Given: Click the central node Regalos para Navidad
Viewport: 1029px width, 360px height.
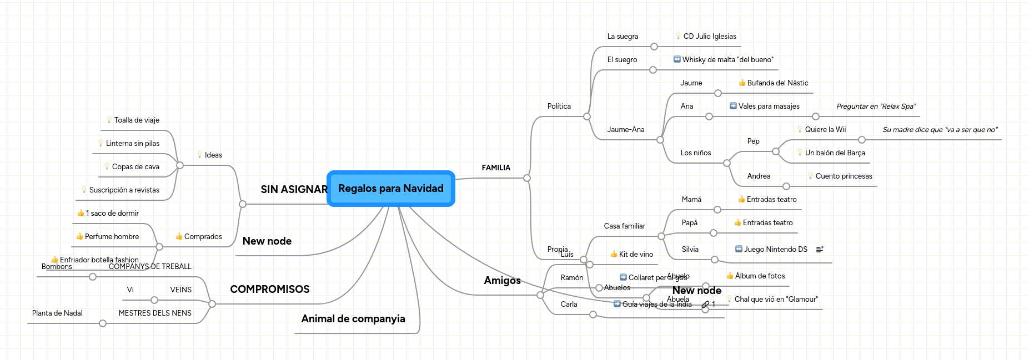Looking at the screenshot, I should click(x=391, y=189).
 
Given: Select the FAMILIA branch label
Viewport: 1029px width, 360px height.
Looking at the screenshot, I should click(x=496, y=168).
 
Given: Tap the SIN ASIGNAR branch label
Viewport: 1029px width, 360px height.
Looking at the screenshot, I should click(x=294, y=190).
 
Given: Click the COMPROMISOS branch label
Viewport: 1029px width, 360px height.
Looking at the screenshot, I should click(x=270, y=290).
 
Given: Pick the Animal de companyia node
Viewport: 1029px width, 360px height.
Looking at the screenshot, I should click(x=353, y=319).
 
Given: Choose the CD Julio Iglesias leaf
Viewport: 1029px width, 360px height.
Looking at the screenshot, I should click(x=710, y=37).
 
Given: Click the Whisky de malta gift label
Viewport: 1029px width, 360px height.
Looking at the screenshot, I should click(x=727, y=60).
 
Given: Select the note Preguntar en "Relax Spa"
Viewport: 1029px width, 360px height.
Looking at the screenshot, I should click(x=876, y=107).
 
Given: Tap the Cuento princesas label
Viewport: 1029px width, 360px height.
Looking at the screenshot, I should click(x=844, y=176).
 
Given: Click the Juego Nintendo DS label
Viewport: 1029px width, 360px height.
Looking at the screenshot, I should click(x=775, y=250).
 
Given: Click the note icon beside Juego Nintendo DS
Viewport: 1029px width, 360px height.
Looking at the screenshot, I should click(x=820, y=250).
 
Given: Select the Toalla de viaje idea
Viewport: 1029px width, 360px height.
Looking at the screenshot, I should click(x=137, y=120).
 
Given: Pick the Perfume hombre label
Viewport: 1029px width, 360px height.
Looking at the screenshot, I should click(x=112, y=237).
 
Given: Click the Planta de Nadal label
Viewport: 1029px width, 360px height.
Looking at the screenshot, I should click(x=57, y=313).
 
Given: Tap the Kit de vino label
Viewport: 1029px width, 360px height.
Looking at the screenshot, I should click(x=636, y=255).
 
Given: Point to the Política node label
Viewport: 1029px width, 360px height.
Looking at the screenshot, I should click(x=559, y=107).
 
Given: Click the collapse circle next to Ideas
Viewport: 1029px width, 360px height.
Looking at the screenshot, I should click(x=180, y=165).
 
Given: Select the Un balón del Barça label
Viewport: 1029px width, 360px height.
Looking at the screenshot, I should click(x=835, y=153).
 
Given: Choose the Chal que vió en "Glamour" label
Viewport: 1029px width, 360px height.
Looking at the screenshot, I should click(x=776, y=300).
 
